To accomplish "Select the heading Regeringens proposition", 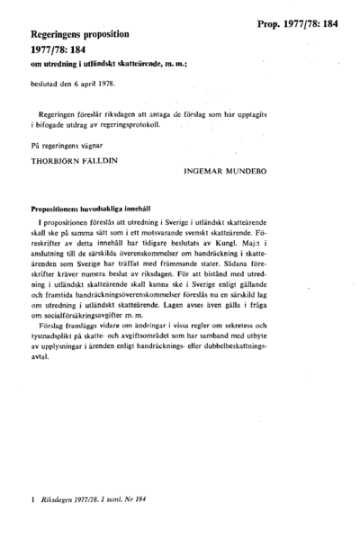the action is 82,33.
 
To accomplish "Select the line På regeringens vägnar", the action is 70,147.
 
